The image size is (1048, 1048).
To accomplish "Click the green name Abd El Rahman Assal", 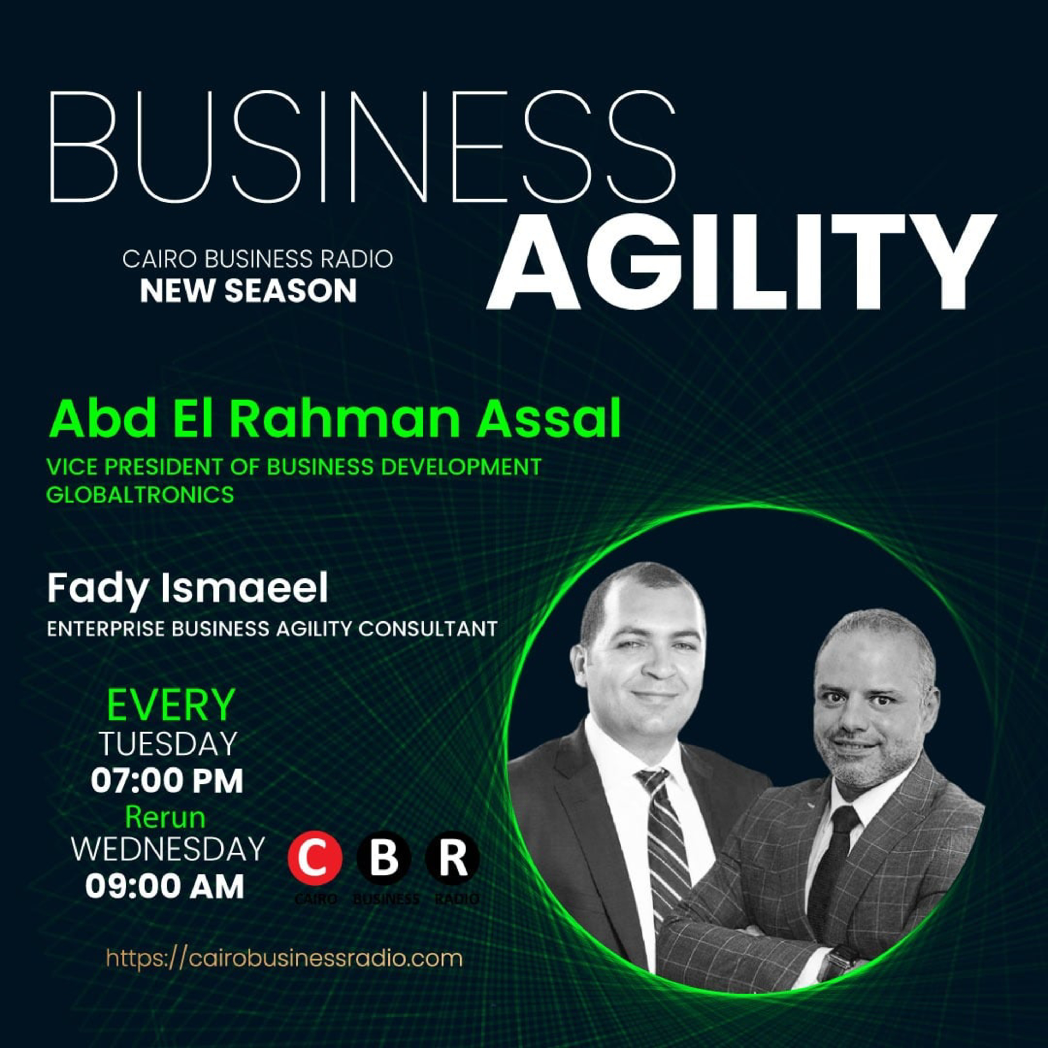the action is coord(335,420).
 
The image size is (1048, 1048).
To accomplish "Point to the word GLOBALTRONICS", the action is coord(140,495).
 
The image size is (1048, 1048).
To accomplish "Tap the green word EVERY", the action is coord(170,705).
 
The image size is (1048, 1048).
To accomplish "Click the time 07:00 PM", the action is coord(167,781).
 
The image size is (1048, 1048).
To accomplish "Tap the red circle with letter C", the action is coord(315,858).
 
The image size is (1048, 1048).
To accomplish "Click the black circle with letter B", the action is coord(384,858).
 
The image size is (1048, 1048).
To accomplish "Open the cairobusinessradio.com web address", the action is coord(284,958).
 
